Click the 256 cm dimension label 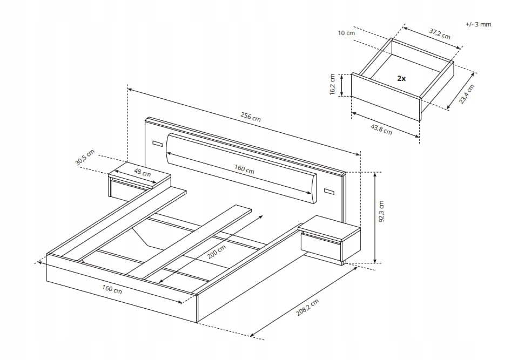250,118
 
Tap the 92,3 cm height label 382,212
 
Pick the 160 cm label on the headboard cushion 244,169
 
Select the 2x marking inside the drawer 401,78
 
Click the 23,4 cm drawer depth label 467,96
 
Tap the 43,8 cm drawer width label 381,128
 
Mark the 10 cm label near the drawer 346,33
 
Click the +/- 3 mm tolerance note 478,25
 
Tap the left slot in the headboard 157,144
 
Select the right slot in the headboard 330,191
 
